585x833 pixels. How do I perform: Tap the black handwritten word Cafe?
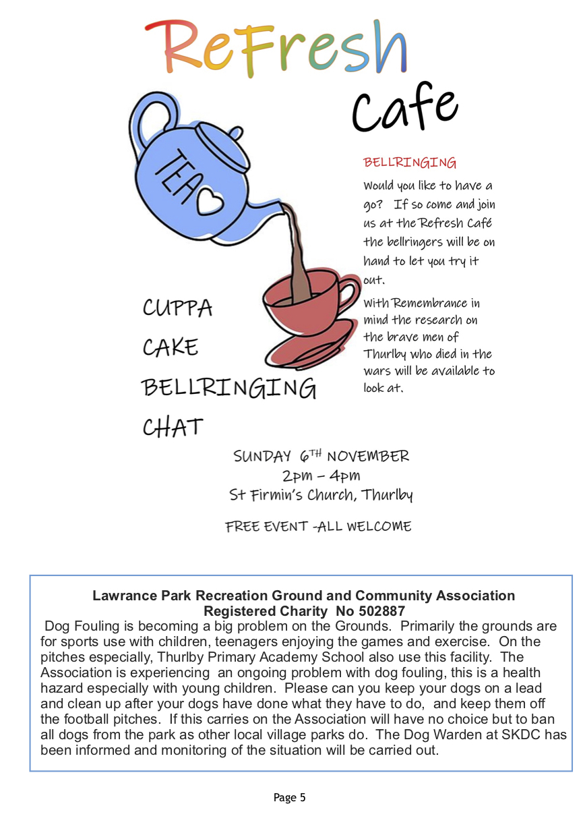tap(404, 108)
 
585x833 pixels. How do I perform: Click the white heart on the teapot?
tap(209, 200)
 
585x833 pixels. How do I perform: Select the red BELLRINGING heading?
tap(410, 163)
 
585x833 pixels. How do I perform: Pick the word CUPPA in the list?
tap(177, 308)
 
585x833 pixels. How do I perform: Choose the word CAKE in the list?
tap(171, 348)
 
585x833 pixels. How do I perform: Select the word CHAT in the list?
tap(173, 428)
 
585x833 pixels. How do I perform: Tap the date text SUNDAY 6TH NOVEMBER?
tap(321, 456)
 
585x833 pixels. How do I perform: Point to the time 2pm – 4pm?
tap(321, 476)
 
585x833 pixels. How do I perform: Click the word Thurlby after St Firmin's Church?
tap(387, 496)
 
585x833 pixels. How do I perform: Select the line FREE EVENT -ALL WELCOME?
tap(318, 527)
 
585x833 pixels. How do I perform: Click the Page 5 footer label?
tap(290, 798)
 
